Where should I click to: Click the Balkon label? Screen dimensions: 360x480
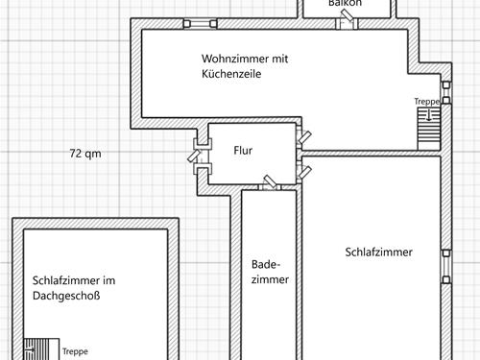pos(345,4)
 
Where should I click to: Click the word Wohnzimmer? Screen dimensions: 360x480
pos(230,59)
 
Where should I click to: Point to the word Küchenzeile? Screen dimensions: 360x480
pos(231,74)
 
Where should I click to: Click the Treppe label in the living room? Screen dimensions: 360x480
pos(426,102)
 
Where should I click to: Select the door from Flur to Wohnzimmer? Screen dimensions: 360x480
pos(303,137)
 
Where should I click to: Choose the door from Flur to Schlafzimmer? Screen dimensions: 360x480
pos(304,172)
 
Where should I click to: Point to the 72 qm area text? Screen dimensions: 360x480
pos(85,154)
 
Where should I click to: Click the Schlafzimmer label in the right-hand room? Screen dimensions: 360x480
pos(378,252)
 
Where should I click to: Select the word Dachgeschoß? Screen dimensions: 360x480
pos(66,297)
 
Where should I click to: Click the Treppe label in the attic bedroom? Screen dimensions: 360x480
pos(75,352)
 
